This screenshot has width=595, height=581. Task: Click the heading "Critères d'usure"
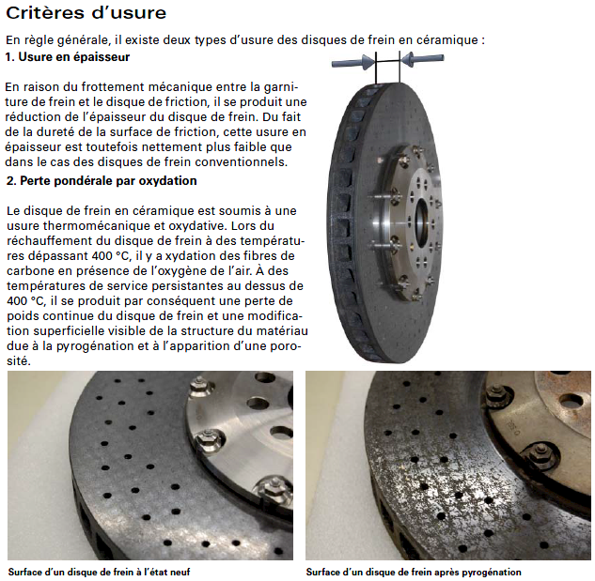click(86, 13)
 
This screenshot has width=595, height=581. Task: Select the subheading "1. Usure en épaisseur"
click(68, 57)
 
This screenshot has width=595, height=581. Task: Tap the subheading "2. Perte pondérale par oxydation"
click(102, 181)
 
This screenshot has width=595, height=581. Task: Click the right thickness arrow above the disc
click(422, 59)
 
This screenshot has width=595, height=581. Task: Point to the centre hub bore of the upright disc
click(421, 220)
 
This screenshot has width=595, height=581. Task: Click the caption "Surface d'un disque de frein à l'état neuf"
click(99, 572)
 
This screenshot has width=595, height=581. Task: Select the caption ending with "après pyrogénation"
click(414, 572)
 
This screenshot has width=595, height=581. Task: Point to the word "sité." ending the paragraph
click(19, 360)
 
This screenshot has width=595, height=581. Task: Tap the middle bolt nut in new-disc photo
click(210, 439)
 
